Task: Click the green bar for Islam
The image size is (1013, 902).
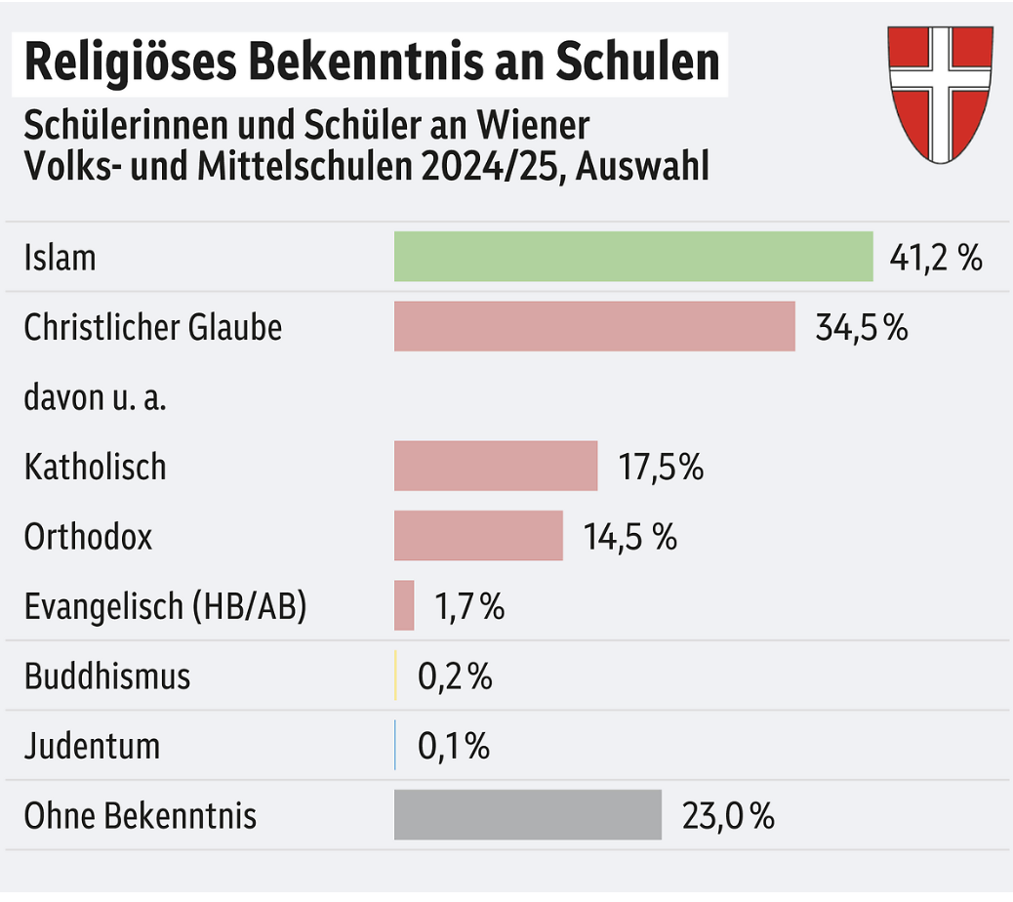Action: (x=632, y=257)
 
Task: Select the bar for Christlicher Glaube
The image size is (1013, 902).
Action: (x=594, y=326)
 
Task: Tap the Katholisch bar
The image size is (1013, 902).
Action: (x=496, y=466)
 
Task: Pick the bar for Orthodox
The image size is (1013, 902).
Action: (x=478, y=536)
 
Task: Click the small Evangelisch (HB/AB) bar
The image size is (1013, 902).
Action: (x=404, y=605)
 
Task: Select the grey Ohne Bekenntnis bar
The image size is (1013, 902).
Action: (x=527, y=814)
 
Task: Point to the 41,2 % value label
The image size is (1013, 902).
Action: (x=935, y=258)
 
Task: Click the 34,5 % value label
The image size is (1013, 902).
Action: (x=861, y=327)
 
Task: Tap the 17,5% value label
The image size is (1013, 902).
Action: (x=661, y=467)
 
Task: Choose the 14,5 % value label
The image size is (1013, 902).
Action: (x=629, y=536)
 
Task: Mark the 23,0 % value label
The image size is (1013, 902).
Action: (x=728, y=815)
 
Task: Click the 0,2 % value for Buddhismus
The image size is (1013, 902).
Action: (x=455, y=676)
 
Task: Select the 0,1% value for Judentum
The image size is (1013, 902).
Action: (x=454, y=746)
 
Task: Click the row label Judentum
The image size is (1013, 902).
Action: (x=92, y=747)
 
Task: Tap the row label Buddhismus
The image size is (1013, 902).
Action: (x=107, y=676)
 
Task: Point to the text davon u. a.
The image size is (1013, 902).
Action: (x=95, y=397)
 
